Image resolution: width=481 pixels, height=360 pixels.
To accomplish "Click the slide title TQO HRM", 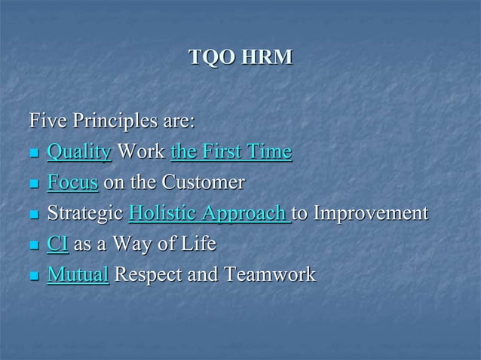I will point(240,56).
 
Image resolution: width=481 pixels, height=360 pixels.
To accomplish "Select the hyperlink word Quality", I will point(79,152).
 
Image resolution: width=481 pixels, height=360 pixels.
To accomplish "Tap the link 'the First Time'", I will point(231,152).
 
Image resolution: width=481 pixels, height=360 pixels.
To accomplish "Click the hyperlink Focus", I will point(72,183).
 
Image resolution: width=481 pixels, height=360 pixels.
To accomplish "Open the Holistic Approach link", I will point(209,214).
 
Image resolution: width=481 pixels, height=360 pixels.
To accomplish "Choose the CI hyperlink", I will point(57,244).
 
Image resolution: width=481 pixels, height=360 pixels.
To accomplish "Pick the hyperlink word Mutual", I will point(78,275).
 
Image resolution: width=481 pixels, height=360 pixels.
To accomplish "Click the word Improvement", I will point(370,214).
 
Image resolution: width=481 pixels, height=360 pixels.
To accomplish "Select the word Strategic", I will point(85,214).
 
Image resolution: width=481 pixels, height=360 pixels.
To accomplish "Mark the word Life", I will point(198,244).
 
